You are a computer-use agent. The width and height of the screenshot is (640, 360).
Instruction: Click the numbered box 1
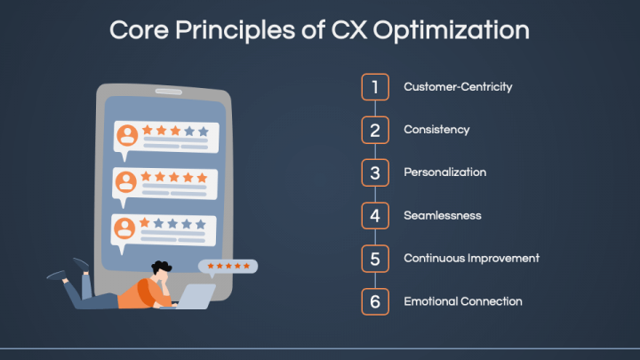click(x=375, y=87)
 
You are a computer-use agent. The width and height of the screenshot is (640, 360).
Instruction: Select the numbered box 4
click(x=375, y=215)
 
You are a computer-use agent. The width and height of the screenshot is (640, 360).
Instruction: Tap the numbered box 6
click(x=375, y=301)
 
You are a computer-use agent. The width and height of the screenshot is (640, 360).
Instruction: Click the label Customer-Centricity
click(x=458, y=87)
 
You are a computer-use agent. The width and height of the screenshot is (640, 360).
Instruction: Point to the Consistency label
click(x=436, y=130)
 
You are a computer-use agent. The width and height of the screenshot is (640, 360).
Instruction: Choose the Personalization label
click(x=445, y=172)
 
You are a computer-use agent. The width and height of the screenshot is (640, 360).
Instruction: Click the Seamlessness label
click(x=443, y=215)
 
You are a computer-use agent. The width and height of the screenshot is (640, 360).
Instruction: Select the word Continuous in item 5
click(x=434, y=259)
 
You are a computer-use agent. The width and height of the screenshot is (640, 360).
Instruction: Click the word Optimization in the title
click(x=451, y=31)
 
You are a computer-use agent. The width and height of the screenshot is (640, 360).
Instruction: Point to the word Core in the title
click(x=139, y=30)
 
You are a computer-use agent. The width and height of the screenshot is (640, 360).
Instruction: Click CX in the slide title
click(x=349, y=30)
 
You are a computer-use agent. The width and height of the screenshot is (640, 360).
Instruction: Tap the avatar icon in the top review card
click(x=127, y=135)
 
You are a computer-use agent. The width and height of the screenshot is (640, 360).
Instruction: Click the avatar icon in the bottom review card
click(x=124, y=228)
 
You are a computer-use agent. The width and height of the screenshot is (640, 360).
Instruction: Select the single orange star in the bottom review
click(x=145, y=222)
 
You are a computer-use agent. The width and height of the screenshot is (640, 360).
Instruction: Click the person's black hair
click(x=162, y=267)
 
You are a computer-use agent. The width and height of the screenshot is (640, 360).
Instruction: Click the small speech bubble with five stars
click(x=228, y=267)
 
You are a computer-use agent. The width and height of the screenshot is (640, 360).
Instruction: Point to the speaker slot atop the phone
click(x=169, y=92)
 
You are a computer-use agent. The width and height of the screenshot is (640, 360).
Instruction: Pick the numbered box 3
click(x=375, y=172)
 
